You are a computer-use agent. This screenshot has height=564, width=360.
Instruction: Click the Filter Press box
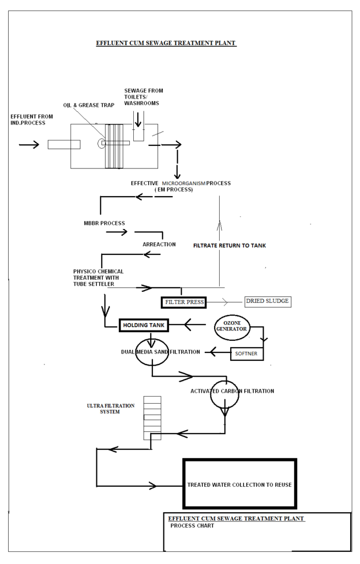tap(183, 302)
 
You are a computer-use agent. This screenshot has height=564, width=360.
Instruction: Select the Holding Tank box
tap(143, 326)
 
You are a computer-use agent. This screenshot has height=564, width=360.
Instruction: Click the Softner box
tap(247, 352)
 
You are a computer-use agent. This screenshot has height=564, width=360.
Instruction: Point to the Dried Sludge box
tap(267, 301)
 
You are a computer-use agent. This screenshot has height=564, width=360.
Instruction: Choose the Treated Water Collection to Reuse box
tap(239, 484)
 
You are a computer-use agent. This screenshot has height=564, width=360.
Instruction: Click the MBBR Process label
tap(101, 223)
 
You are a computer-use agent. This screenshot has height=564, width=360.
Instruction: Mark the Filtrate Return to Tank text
tap(230, 246)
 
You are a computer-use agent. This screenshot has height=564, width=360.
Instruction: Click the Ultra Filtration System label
tap(110, 408)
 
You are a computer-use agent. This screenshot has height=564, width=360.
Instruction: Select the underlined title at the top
tap(166, 42)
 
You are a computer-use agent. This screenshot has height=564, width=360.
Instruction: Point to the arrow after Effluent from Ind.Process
tap(29, 145)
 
